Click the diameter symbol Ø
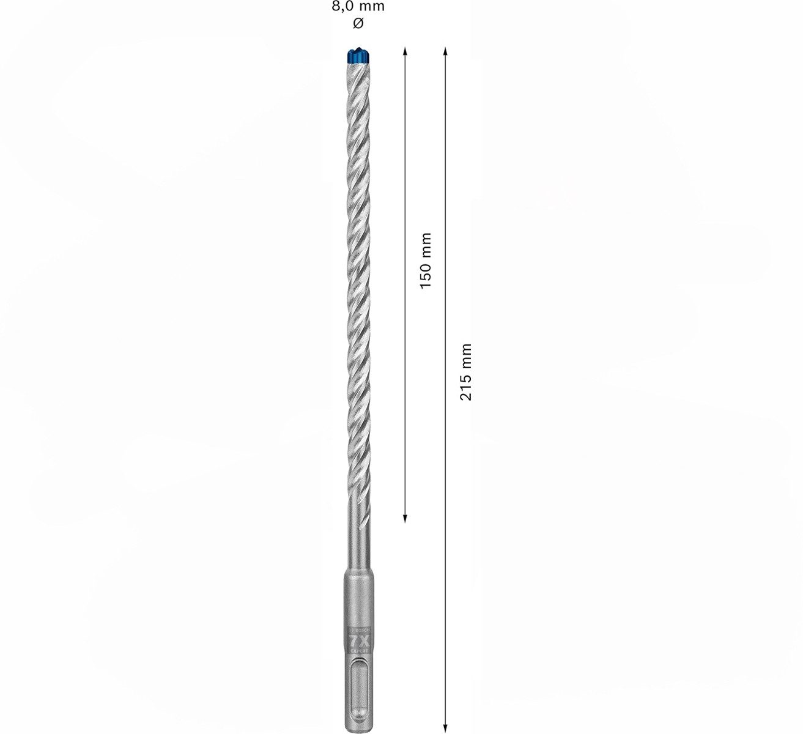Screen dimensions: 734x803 (359, 23)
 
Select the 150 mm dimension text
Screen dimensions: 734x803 (425, 261)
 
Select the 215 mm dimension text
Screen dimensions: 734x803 (466, 372)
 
